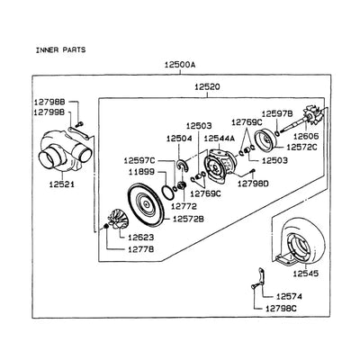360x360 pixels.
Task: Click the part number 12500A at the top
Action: (180, 65)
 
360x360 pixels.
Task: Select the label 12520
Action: (207, 87)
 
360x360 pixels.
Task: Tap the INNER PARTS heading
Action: (60, 49)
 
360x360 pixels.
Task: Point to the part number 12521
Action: (62, 184)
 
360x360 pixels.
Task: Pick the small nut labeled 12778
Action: (105, 226)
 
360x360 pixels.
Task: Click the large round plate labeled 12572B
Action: (146, 204)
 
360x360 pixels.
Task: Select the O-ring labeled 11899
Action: (166, 193)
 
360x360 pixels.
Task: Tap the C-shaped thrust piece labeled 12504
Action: (182, 166)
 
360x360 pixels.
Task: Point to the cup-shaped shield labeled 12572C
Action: (265, 139)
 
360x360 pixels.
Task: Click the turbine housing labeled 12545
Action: (300, 242)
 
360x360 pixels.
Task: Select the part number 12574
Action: (289, 297)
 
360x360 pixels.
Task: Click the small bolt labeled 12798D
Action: (253, 172)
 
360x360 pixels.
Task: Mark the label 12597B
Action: (277, 114)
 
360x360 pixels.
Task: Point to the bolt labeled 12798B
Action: (80, 122)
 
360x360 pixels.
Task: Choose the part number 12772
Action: (184, 207)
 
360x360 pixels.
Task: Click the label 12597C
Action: (139, 161)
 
